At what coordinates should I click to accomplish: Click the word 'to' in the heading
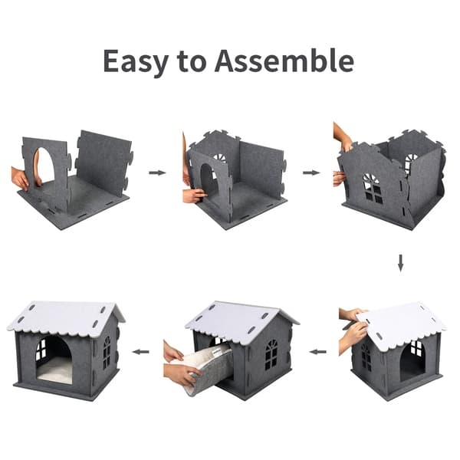(x=191, y=61)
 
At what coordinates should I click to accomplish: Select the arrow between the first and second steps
(x=157, y=172)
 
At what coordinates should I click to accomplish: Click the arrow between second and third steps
(x=311, y=172)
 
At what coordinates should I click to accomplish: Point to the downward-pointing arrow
(x=400, y=263)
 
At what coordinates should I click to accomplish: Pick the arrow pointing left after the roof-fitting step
(x=317, y=351)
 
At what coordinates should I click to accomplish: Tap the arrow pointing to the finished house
(x=140, y=351)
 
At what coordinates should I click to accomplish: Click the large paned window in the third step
(x=373, y=188)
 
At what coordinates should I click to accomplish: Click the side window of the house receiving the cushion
(x=271, y=355)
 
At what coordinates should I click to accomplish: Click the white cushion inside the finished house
(x=54, y=373)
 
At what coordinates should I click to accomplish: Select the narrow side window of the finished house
(x=107, y=353)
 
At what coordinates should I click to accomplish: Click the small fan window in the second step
(x=221, y=158)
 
